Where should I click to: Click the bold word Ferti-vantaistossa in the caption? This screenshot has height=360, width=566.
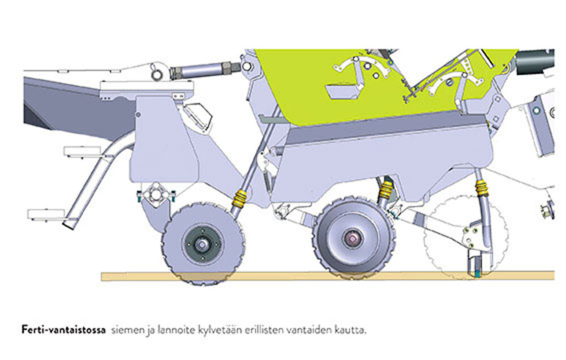(63, 330)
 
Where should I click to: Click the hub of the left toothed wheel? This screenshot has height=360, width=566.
(201, 245)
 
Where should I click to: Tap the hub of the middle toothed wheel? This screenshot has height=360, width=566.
(352, 238)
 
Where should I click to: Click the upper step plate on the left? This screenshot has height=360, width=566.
(82, 151)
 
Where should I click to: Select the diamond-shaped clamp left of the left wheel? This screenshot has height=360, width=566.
(156, 194)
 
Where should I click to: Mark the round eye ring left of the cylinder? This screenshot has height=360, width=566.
(157, 75)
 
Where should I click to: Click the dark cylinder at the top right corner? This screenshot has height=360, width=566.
(535, 62)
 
